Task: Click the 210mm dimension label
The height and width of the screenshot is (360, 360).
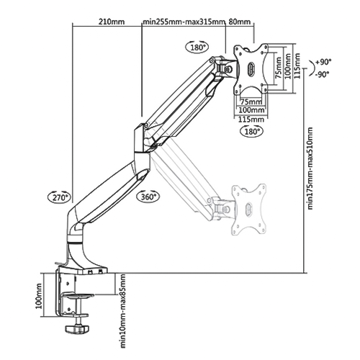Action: click(112, 22)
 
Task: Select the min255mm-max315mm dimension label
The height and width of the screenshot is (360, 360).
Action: click(184, 22)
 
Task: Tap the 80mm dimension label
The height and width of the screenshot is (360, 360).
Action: click(239, 22)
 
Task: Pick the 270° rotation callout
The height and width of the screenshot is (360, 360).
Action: click(60, 197)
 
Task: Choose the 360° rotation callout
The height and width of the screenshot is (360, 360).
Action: click(148, 197)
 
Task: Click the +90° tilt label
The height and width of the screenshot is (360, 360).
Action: click(323, 62)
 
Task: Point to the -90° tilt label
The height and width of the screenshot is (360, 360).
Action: click(322, 75)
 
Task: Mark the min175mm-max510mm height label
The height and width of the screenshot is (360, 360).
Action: click(310, 168)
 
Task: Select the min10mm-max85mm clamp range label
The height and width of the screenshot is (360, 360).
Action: click(122, 311)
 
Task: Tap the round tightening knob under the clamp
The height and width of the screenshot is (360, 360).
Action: click(77, 328)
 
